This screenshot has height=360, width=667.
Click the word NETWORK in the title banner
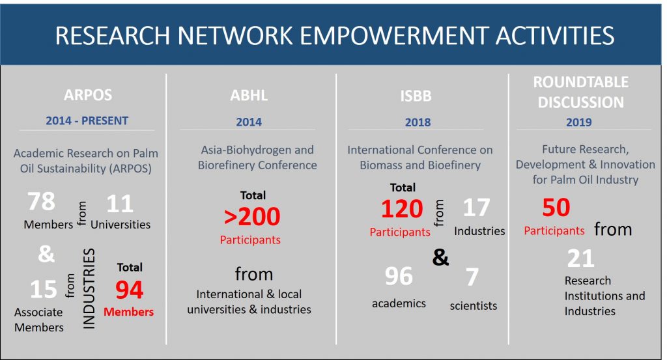point(234,36)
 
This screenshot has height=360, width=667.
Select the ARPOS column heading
point(88,95)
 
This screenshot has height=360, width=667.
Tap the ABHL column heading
point(249,95)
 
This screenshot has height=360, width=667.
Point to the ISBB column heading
point(416,96)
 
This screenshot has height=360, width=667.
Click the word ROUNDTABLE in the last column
point(580,82)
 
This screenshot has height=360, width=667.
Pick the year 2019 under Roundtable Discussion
point(578,122)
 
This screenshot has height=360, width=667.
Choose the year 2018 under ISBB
point(418,122)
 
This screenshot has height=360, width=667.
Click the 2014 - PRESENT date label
point(87,120)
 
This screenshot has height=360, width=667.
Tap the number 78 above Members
point(41,201)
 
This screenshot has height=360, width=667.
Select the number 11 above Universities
point(120,204)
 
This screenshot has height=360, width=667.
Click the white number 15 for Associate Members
point(44,290)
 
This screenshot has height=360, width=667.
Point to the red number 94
point(130,290)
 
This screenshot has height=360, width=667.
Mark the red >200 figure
point(252,216)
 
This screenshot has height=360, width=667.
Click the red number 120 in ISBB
point(402,209)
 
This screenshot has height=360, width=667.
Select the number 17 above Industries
point(476,208)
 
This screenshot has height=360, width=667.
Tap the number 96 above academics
point(399,276)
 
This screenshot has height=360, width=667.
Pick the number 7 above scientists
point(472,277)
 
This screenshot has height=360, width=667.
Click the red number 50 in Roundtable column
point(556,208)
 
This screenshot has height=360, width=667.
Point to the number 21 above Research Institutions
point(580,258)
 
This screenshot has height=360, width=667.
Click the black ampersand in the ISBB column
point(441,257)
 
